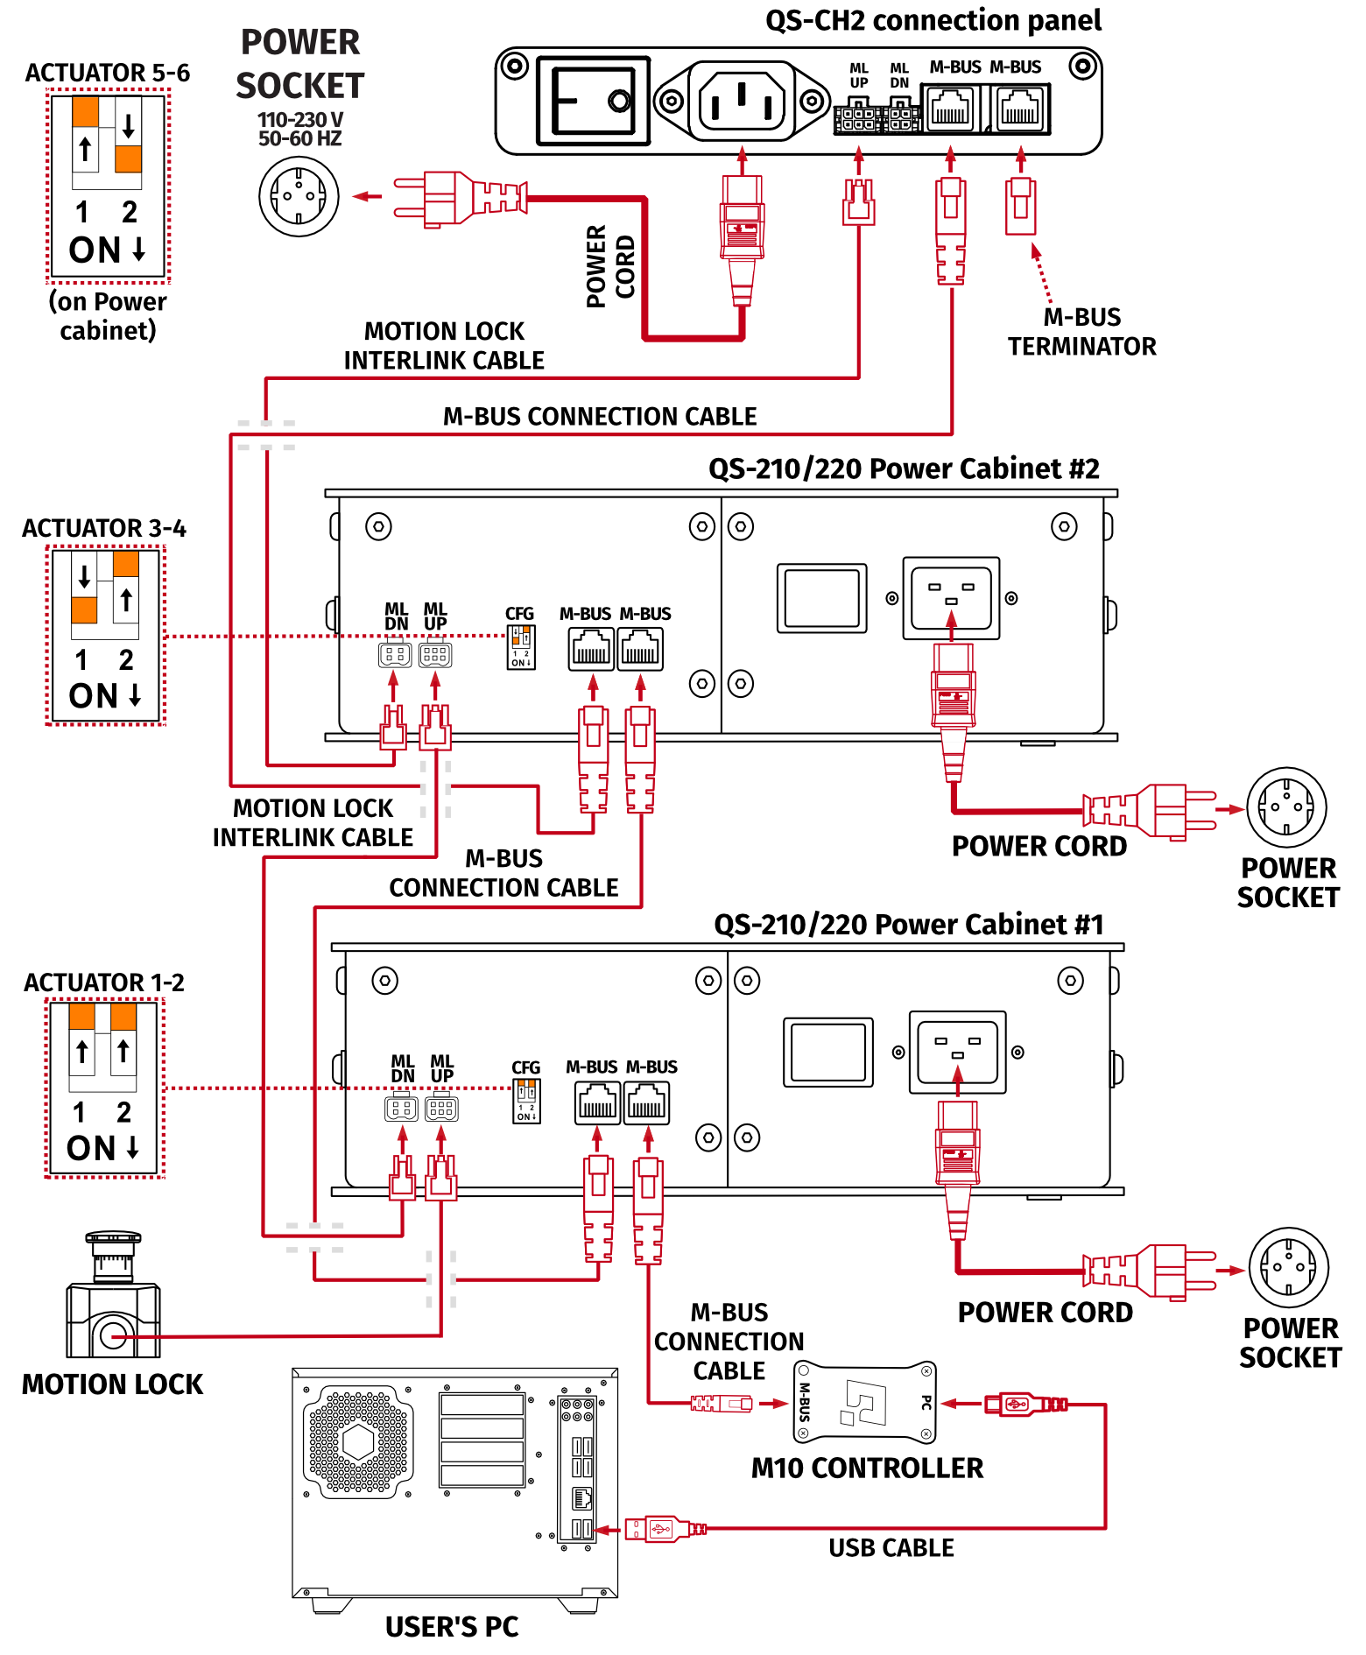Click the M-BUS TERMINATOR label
(1081, 332)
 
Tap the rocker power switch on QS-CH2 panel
(593, 101)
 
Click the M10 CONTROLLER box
(864, 1402)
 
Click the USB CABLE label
(891, 1548)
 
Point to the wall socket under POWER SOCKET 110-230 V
(299, 196)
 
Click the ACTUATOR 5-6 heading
(107, 73)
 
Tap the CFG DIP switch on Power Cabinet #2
(521, 647)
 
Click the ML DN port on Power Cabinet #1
(401, 1109)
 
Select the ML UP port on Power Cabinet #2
(435, 654)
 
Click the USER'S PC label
(452, 1627)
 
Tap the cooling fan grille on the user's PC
(358, 1441)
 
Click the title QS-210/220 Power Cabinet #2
(903, 469)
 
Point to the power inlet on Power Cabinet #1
(957, 1051)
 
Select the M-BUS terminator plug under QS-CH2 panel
(1020, 206)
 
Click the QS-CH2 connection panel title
(933, 20)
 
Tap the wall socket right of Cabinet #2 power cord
(1286, 807)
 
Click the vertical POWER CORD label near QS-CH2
(609, 266)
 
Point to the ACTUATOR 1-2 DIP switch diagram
(104, 1088)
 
